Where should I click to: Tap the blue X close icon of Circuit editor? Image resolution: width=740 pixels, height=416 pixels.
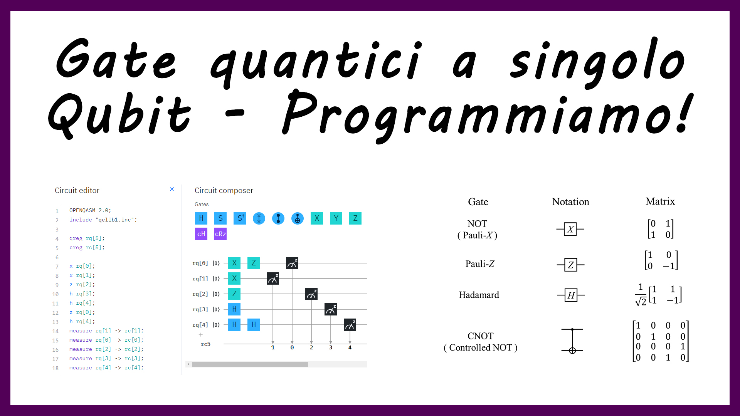pos(172,189)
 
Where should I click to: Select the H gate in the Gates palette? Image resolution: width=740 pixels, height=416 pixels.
pos(201,218)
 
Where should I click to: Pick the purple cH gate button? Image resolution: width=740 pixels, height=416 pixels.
pos(201,234)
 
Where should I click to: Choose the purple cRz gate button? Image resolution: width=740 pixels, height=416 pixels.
pos(220,234)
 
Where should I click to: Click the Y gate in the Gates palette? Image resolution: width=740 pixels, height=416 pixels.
pos(336,218)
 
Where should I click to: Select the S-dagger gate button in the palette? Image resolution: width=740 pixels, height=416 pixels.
pos(240,218)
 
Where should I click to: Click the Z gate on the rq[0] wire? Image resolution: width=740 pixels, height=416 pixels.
pos(254,263)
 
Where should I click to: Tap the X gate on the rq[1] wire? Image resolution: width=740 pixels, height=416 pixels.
pos(234,278)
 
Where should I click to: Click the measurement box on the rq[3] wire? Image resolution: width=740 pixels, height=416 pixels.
pos(331,309)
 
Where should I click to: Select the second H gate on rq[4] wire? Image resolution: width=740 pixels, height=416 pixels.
pos(254,325)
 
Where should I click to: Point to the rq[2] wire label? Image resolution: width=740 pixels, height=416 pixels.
pos(200,294)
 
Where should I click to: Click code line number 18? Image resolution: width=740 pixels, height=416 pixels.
pos(55,368)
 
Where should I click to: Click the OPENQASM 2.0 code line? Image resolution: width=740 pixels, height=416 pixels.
pos(90,210)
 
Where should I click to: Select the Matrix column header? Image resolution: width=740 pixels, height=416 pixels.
pos(660,201)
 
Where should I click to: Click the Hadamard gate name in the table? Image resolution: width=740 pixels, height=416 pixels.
pos(479,295)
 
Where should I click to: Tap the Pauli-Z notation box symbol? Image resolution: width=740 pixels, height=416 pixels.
pos(571,265)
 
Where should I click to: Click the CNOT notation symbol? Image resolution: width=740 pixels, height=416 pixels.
pos(572,341)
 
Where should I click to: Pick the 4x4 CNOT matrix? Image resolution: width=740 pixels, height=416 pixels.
pos(661,341)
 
